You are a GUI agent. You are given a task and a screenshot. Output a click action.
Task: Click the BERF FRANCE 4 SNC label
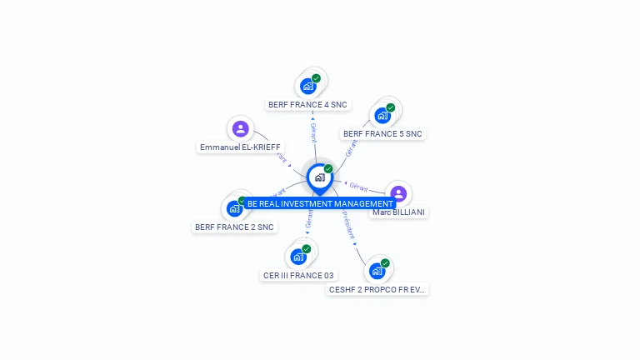click(x=307, y=105)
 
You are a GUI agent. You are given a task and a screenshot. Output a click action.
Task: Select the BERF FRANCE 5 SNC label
click(x=382, y=133)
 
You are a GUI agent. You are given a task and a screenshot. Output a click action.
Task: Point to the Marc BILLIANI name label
click(x=398, y=212)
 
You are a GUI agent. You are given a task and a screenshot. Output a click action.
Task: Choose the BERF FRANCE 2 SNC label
click(x=234, y=227)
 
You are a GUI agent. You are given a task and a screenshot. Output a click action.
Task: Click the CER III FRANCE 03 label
click(x=298, y=275)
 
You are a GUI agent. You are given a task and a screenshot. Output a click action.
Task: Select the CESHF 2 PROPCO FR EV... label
click(x=377, y=289)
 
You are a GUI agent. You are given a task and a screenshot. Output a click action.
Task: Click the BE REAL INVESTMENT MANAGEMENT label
click(x=319, y=203)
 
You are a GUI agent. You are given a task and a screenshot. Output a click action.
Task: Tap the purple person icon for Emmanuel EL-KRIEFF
click(x=241, y=128)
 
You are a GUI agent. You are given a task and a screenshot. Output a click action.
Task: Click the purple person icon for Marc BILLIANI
click(x=398, y=193)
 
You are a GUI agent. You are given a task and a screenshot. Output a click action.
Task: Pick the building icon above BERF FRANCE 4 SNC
click(x=308, y=86)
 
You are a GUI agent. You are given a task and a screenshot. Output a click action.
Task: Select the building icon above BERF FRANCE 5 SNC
click(x=382, y=115)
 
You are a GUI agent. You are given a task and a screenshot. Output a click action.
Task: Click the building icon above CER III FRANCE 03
click(x=298, y=257)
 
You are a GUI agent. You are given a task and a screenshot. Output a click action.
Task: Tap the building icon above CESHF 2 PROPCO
click(x=377, y=271)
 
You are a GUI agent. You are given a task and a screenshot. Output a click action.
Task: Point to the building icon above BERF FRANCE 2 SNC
click(x=234, y=208)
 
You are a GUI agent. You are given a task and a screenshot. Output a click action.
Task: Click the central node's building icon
click(x=319, y=177)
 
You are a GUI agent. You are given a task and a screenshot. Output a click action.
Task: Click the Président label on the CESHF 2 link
click(x=348, y=225)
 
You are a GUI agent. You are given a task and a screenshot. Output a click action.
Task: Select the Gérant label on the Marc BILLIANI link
click(x=358, y=187)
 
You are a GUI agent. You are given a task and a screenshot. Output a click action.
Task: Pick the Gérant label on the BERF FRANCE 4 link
click(x=313, y=132)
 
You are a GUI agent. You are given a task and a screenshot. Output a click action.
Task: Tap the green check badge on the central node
click(x=328, y=168)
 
